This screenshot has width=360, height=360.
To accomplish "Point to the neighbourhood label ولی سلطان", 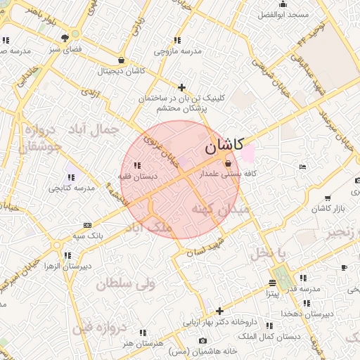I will click(124, 284).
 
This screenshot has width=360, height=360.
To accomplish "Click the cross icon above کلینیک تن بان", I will click(181, 88).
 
